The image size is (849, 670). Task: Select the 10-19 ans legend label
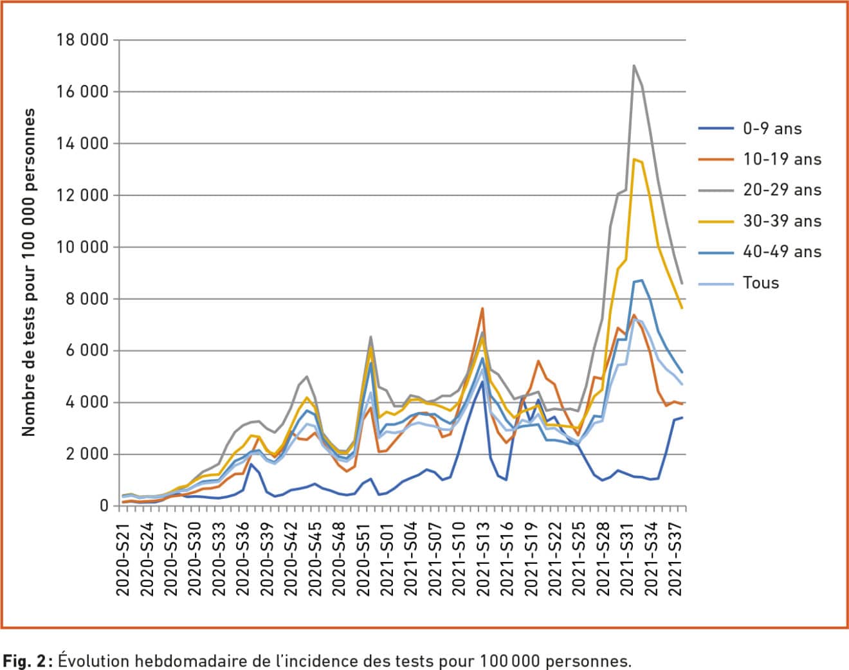(781, 159)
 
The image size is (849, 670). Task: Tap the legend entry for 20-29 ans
(781, 190)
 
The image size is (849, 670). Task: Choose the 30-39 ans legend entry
(781, 221)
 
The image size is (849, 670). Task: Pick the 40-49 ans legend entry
(781, 252)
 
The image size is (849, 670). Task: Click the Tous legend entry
(761, 283)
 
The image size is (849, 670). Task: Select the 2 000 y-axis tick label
(89, 455)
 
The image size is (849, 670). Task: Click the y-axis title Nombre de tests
(28, 272)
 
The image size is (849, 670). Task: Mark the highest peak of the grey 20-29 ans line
(634, 66)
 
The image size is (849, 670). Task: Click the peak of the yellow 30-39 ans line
(634, 159)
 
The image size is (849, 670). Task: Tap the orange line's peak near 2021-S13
(482, 309)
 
